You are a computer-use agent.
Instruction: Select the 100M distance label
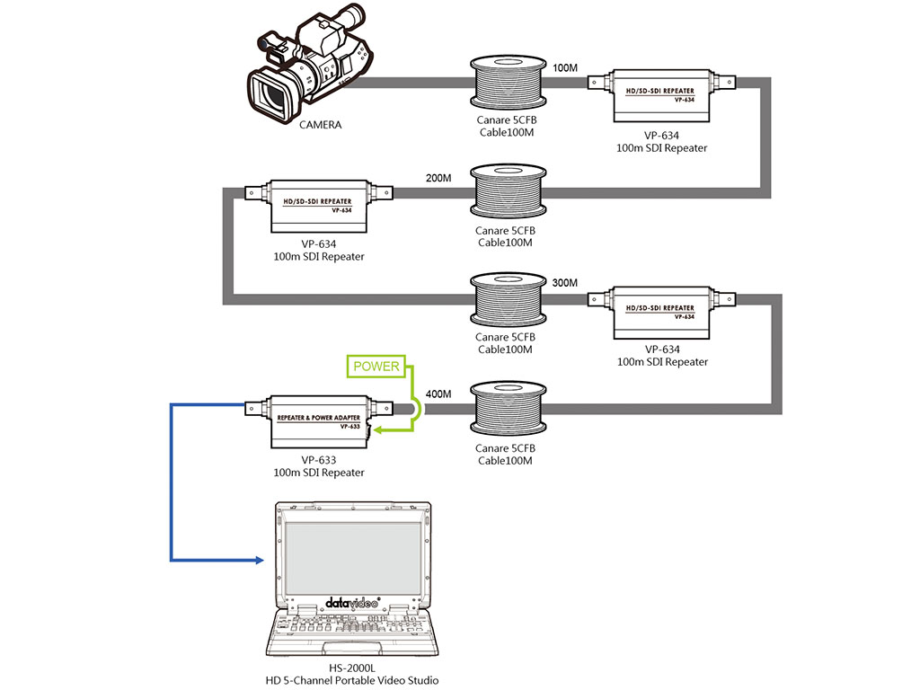click(565, 68)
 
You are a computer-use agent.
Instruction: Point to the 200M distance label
click(438, 179)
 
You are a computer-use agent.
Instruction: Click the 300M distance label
click(565, 283)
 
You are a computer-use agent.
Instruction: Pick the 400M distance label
click(438, 394)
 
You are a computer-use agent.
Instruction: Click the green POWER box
click(376, 367)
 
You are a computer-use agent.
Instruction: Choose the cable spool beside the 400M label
click(507, 411)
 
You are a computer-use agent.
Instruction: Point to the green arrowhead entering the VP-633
click(380, 432)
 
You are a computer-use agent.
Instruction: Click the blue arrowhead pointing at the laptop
click(259, 560)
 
